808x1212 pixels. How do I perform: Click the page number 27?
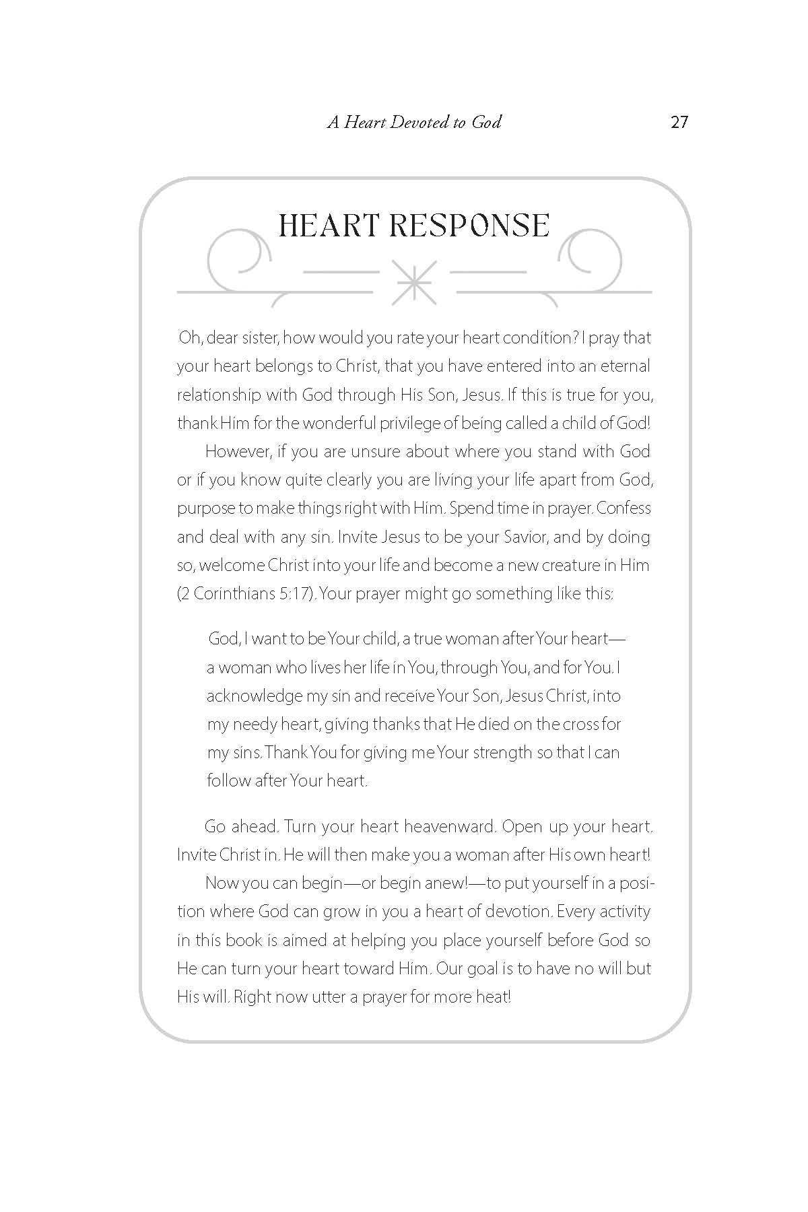pyautogui.click(x=679, y=123)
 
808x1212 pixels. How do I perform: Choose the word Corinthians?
pyautogui.click(x=236, y=594)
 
